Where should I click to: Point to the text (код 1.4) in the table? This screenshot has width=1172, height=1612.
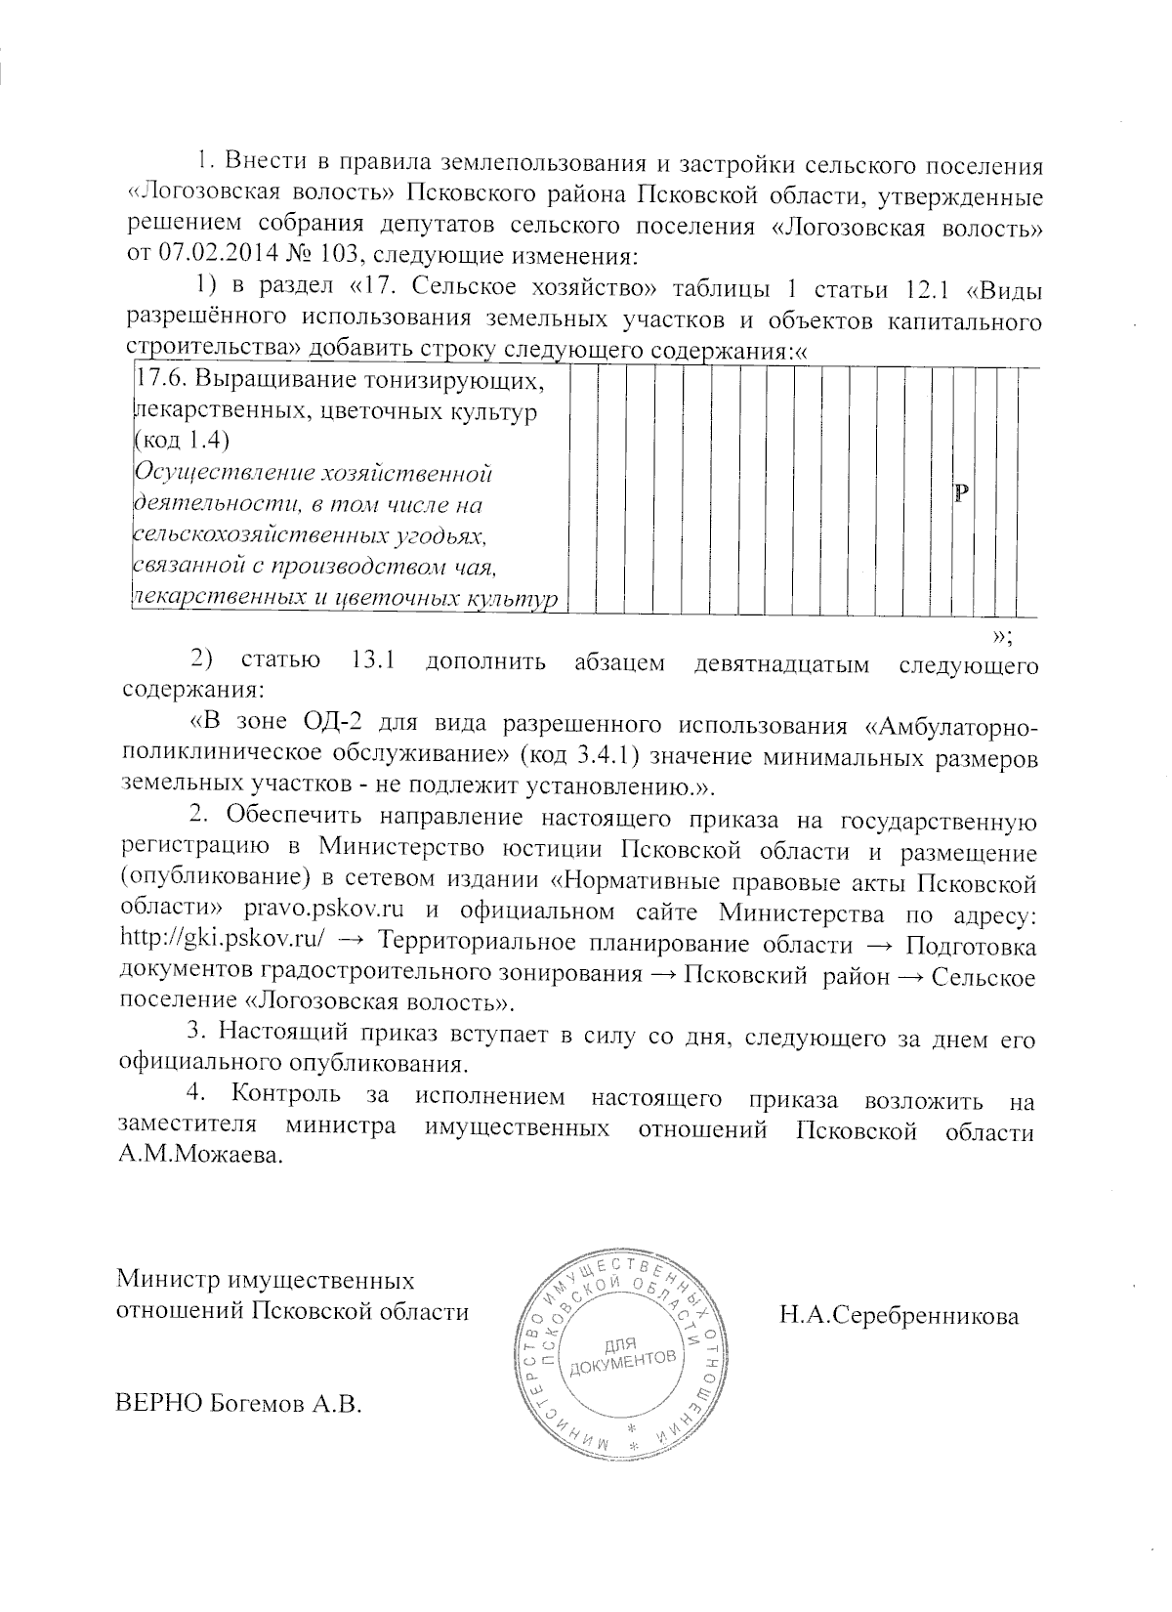[181, 442]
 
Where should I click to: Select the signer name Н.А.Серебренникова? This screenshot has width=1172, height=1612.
[899, 1316]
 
